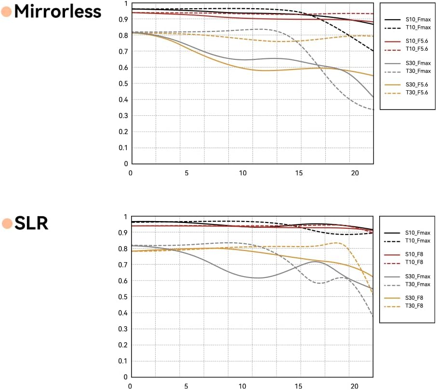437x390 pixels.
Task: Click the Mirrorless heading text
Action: point(58,11)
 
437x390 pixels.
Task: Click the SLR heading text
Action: point(32,223)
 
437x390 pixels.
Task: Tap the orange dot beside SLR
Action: point(7,223)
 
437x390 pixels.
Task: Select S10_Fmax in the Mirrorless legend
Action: point(418,20)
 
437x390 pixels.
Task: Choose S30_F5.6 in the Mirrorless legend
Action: point(418,85)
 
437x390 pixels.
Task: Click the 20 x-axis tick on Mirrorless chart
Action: point(355,173)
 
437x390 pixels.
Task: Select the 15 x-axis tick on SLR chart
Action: point(299,386)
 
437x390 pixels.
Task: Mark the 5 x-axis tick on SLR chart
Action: point(186,386)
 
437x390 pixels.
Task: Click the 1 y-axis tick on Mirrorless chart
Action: point(126,3)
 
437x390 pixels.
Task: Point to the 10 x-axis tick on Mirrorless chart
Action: point(242,173)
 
